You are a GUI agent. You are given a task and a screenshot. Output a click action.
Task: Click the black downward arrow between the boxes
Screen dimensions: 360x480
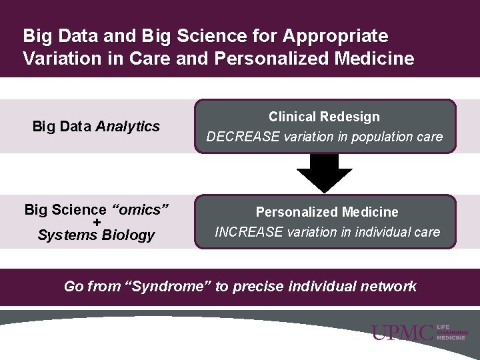(324, 173)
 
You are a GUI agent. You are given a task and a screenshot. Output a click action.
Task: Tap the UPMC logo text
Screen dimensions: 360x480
(403, 333)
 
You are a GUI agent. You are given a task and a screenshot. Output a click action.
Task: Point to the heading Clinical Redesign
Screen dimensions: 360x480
(324, 117)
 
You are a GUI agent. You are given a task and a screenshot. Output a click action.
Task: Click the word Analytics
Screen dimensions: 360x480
(128, 126)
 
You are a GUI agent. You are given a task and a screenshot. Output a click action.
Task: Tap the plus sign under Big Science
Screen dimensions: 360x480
(97, 222)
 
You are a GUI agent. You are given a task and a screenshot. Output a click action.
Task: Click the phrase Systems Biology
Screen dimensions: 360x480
(96, 235)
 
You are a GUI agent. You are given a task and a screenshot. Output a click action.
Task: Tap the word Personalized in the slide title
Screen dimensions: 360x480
(266, 59)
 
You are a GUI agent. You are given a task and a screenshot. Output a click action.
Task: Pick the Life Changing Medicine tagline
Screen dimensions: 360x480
(453, 333)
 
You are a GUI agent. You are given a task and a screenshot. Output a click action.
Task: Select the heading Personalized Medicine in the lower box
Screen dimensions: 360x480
(327, 212)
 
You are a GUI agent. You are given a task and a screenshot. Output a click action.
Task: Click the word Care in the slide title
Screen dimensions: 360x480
(151, 59)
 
